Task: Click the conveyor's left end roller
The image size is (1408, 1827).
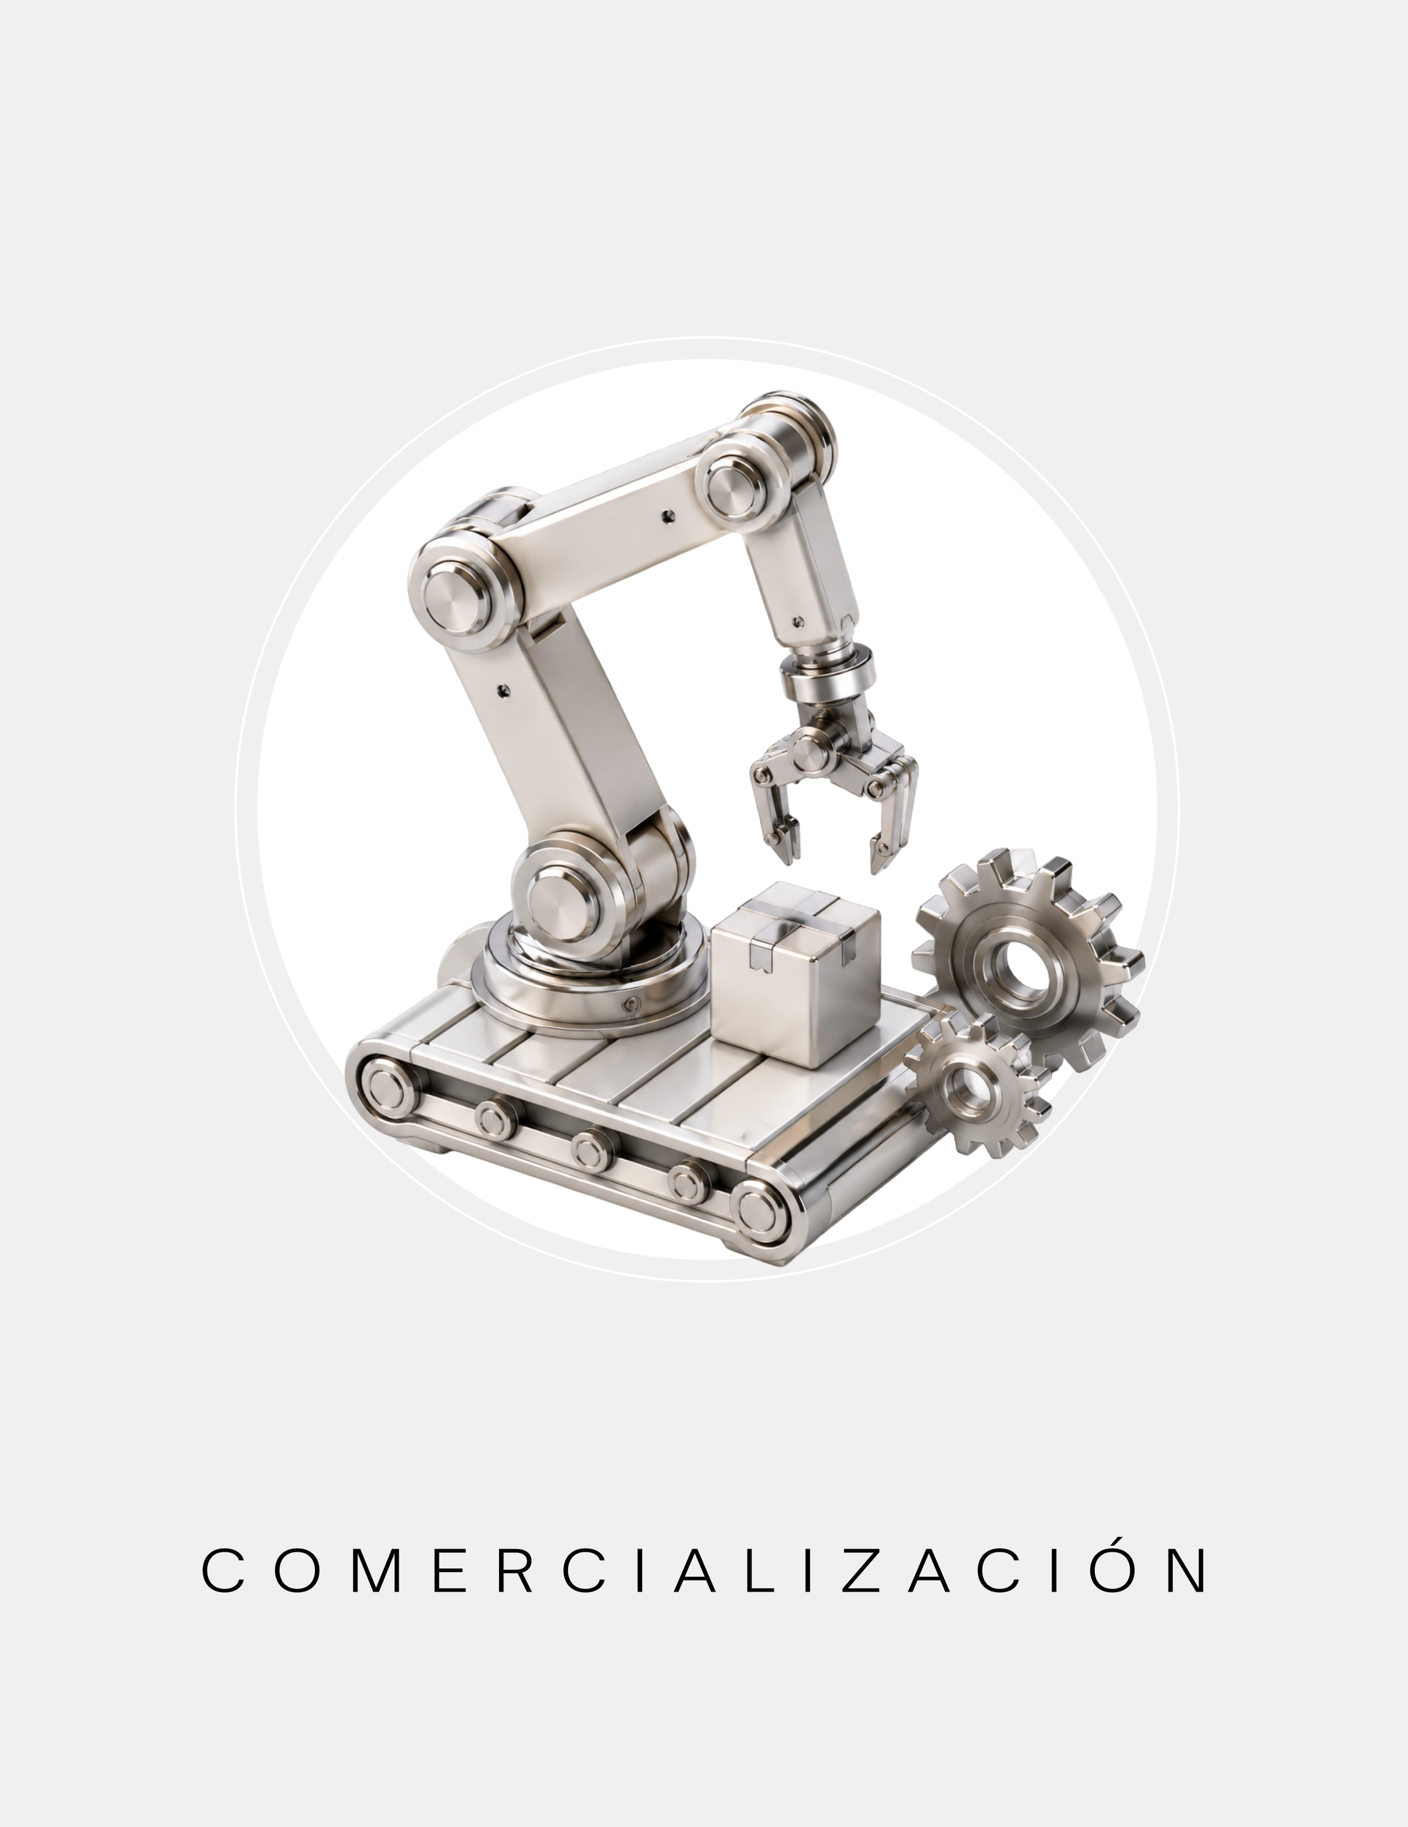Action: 385,1090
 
